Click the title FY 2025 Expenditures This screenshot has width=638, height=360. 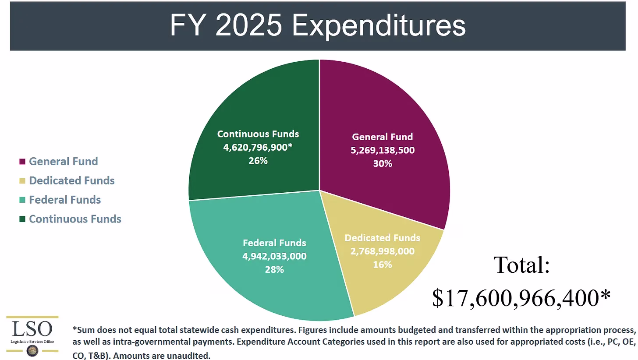(318, 25)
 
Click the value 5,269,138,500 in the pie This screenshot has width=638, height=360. (382, 150)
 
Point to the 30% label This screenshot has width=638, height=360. (382, 164)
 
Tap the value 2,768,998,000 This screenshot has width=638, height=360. (382, 251)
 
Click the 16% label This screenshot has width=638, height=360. (382, 265)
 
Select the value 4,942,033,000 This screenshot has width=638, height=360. (274, 256)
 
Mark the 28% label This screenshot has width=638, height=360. (274, 269)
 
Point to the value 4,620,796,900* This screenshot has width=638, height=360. (258, 147)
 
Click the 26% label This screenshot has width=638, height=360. (258, 161)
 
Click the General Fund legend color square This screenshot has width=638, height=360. (22, 162)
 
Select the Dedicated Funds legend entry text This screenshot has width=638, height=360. (71, 180)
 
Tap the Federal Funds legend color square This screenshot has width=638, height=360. (22, 200)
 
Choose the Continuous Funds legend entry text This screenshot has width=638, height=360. (75, 219)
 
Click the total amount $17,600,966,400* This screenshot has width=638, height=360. (521, 298)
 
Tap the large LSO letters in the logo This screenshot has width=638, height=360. (32, 329)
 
